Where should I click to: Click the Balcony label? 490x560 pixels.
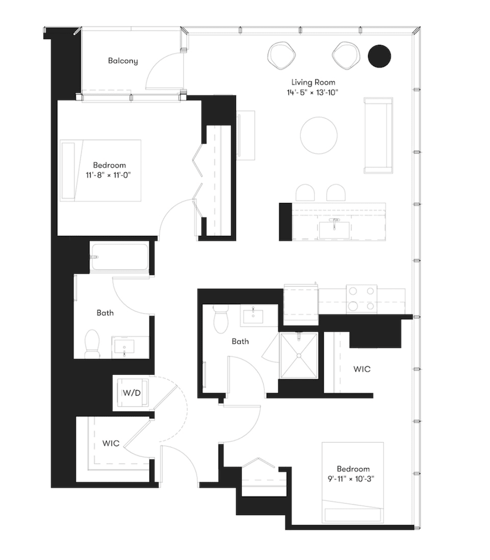coord(123,61)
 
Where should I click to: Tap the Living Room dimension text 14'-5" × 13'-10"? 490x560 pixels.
coord(312,92)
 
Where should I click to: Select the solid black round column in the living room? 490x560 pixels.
coord(379,56)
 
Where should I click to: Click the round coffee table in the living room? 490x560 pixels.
coord(318,135)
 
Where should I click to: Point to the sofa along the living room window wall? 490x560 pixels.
coord(378,135)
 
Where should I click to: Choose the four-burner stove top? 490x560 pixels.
coord(361,299)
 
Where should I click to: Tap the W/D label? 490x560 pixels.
coord(132,393)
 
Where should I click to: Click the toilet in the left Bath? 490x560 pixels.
coord(92,343)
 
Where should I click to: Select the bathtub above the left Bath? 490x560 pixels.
coord(120,257)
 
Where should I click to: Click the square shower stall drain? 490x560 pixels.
coord(299,355)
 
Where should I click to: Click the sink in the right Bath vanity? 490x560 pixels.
coord(253,316)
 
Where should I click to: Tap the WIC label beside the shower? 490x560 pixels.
coord(361,369)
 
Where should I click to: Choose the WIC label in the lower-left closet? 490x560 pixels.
coord(111,443)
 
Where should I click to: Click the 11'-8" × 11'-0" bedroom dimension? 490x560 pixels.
coord(109,175)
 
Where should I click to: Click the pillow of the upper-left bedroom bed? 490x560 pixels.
coord(68,170)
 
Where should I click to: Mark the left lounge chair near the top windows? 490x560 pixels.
coord(282,55)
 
